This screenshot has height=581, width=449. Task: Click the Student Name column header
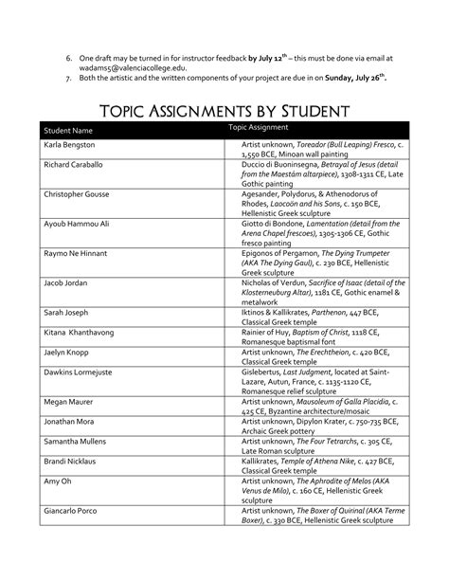(x=67, y=130)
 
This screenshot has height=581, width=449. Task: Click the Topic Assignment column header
(x=259, y=126)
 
